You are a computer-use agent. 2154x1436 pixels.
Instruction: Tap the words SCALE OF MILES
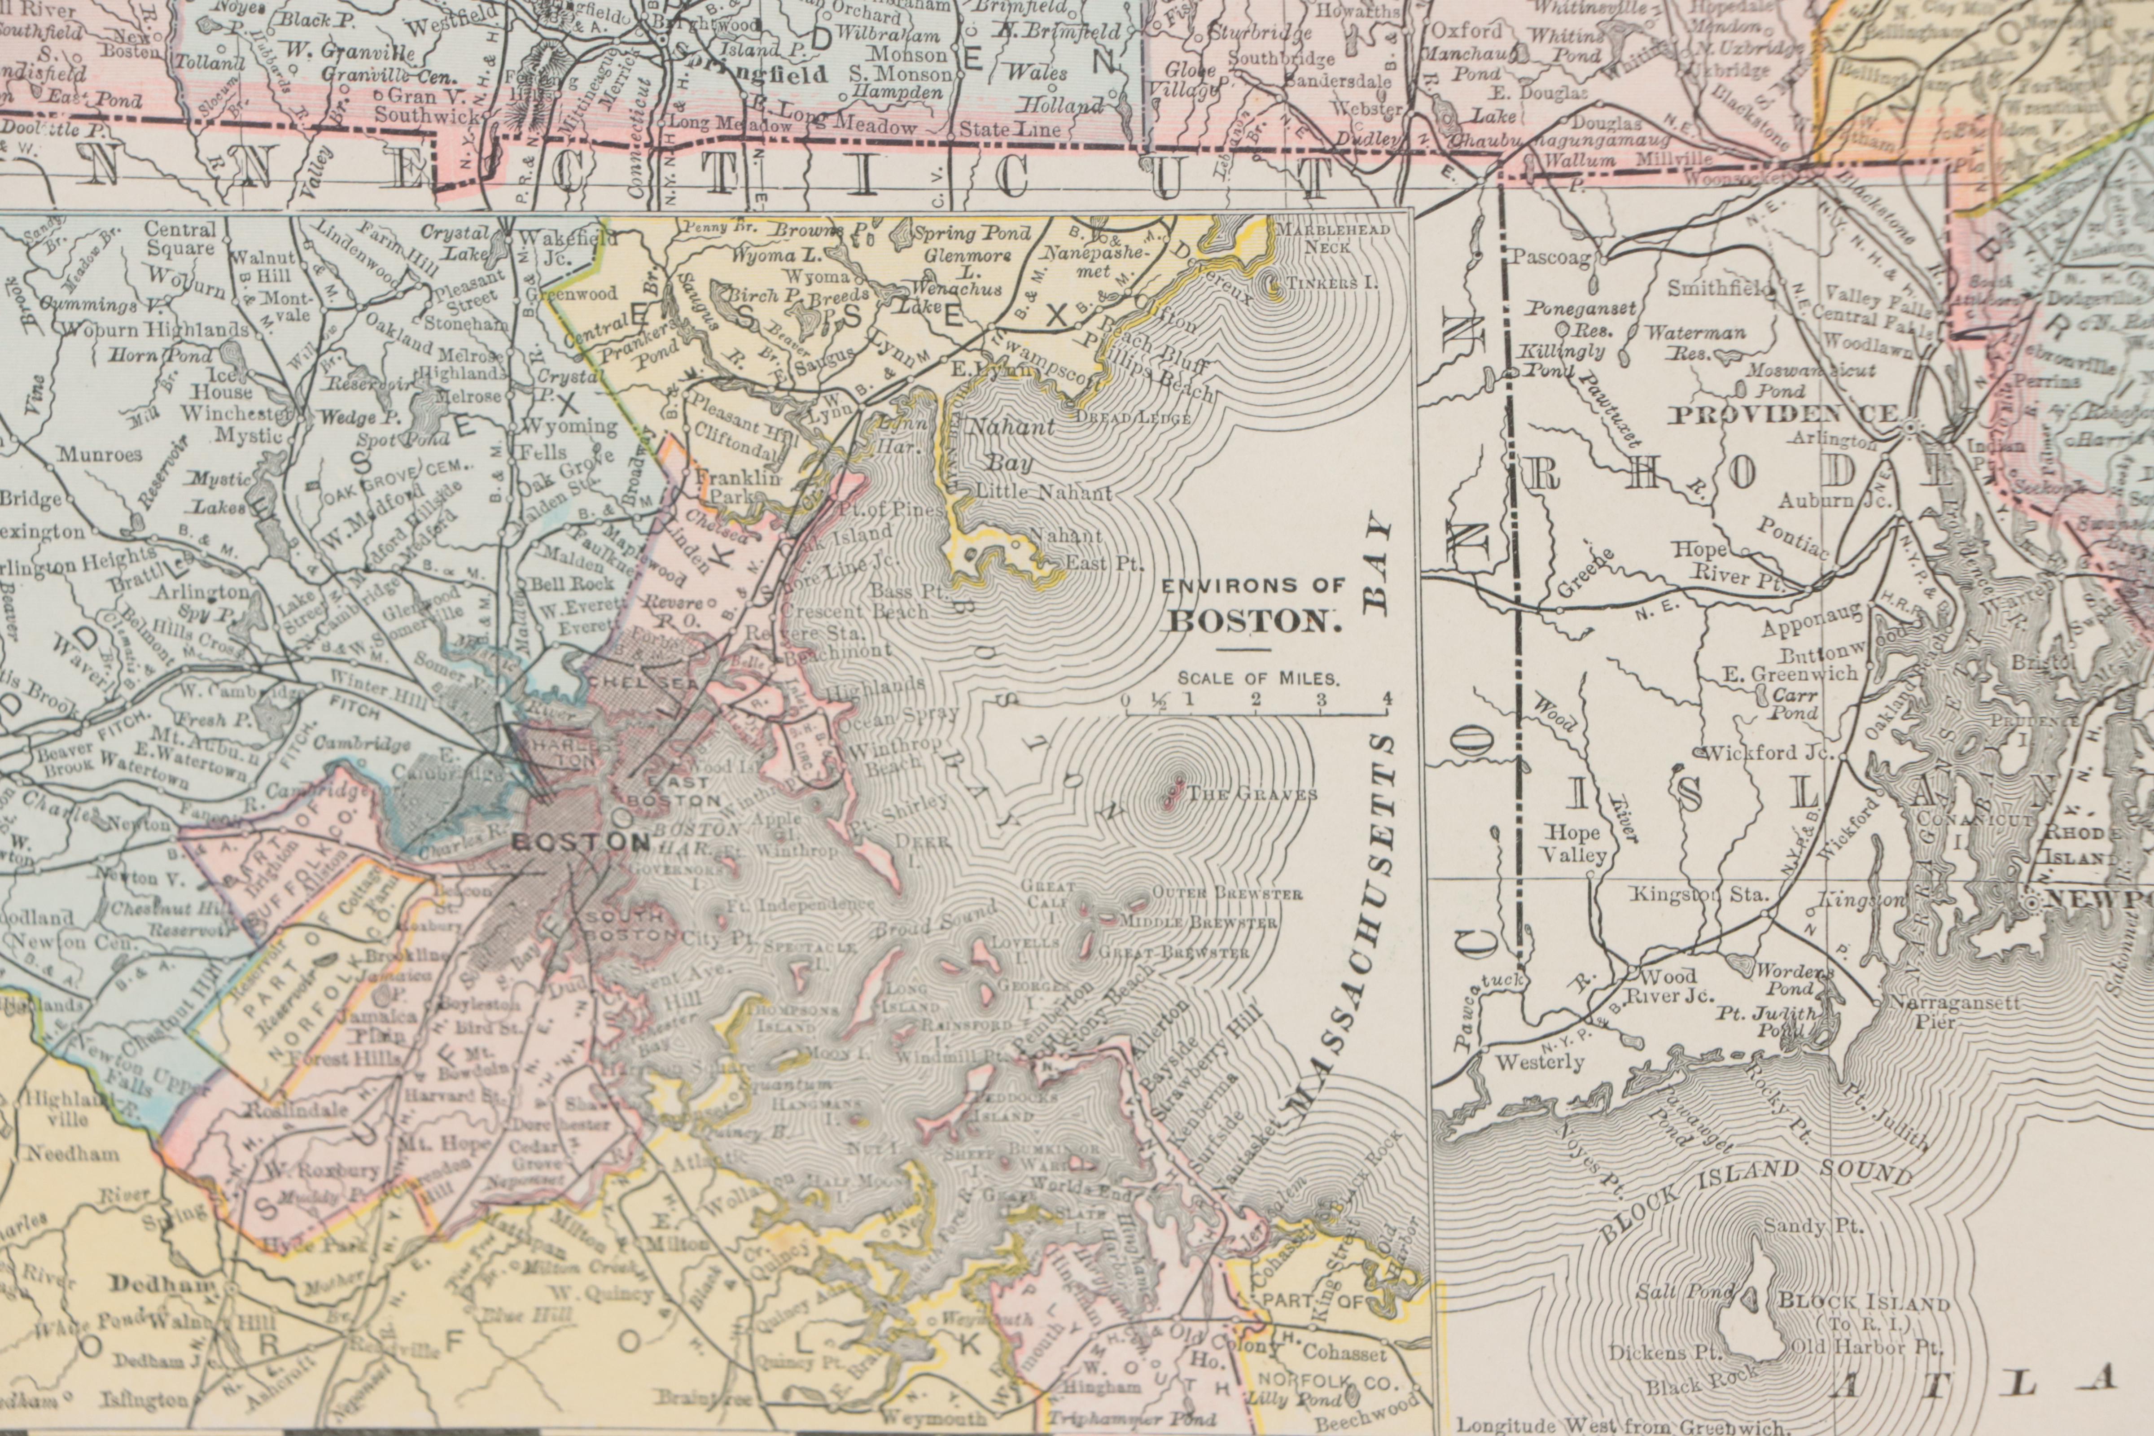pyautogui.click(x=1257, y=679)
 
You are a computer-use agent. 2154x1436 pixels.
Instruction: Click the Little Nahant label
pyautogui.click(x=1043, y=493)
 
